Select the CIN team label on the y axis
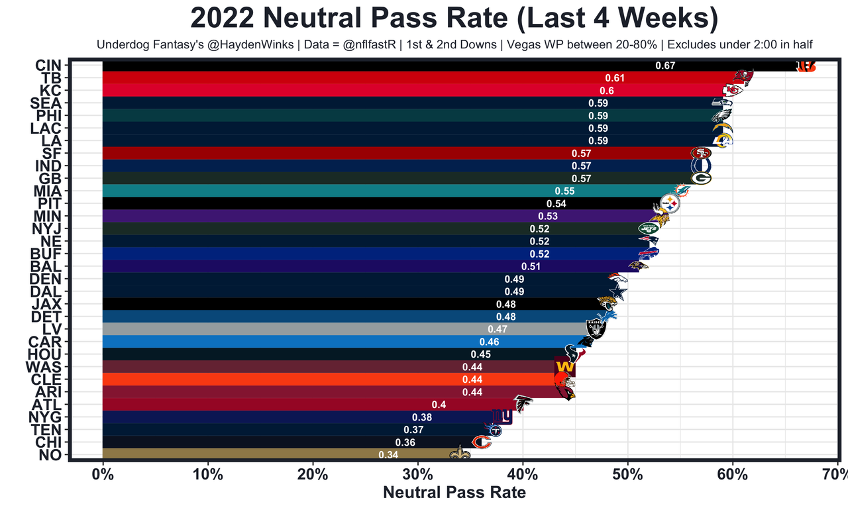coord(48,66)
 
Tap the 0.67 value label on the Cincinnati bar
coord(664,66)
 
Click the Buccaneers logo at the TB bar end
coord(744,78)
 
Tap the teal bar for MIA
coord(331,191)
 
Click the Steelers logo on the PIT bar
coord(670,204)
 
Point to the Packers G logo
coord(701,178)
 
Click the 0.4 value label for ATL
coord(439,405)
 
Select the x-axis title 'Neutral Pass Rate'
coord(454,492)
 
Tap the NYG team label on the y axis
coord(45,417)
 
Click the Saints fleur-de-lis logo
coord(459,455)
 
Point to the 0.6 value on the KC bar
coord(607,91)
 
